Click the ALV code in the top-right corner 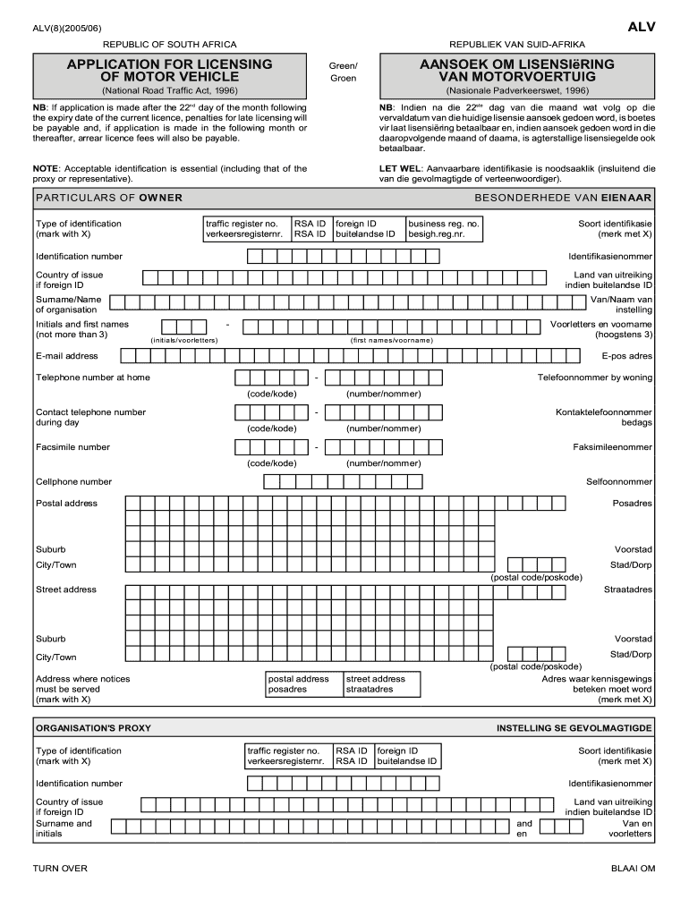[641, 28]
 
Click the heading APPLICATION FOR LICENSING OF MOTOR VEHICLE [169, 71]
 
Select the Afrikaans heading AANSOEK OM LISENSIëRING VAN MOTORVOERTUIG [517, 71]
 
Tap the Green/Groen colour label [343, 72]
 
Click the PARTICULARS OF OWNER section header [109, 198]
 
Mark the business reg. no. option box [445, 229]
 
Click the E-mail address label [67, 356]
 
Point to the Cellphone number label [73, 482]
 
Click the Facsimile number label [72, 447]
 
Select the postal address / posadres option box [303, 684]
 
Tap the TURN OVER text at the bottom [60, 869]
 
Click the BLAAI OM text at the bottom [633, 869]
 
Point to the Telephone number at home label [93, 377]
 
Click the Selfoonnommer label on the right [619, 482]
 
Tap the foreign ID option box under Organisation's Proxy [407, 756]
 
